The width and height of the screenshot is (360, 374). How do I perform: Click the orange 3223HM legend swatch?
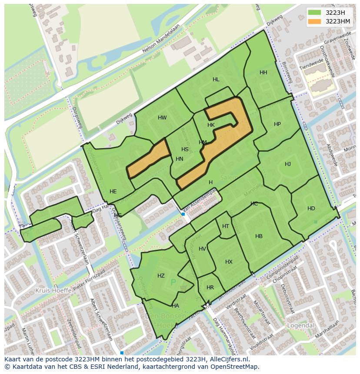(x=314, y=21)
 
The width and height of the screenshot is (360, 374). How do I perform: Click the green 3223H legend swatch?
(x=314, y=13)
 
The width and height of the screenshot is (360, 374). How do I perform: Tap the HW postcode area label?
(x=162, y=118)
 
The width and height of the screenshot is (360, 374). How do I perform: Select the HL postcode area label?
(x=216, y=79)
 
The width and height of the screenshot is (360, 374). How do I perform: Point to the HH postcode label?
(x=263, y=73)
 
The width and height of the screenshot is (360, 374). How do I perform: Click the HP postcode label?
(x=277, y=124)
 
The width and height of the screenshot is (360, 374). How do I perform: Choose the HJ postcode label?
(x=288, y=164)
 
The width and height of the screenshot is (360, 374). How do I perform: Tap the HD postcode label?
(x=311, y=209)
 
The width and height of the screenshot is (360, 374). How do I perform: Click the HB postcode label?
(x=259, y=236)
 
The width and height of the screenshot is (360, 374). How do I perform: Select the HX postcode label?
(x=229, y=262)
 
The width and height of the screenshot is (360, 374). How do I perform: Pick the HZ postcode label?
(x=161, y=276)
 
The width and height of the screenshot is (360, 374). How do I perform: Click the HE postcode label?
(x=113, y=192)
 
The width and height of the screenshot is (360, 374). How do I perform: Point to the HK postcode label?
(x=211, y=125)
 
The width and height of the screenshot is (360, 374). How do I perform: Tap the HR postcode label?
(x=210, y=288)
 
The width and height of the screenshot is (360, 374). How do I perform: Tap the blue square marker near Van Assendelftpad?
(x=183, y=214)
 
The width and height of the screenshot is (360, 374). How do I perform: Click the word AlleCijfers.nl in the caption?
(x=228, y=359)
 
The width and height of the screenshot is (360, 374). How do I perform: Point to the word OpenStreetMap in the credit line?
(x=236, y=367)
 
